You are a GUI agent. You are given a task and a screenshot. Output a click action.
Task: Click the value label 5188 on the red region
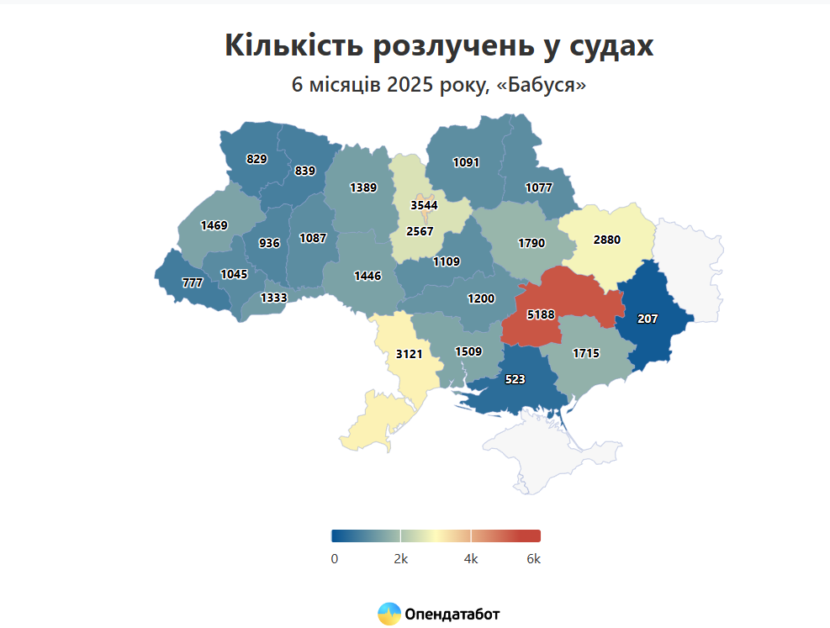(541, 314)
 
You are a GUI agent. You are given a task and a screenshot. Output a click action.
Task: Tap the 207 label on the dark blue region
(648, 319)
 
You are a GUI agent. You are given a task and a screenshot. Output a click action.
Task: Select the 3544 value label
(424, 205)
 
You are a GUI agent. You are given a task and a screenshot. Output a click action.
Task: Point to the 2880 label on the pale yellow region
(606, 240)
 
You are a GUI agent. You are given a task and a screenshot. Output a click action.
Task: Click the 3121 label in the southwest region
(409, 354)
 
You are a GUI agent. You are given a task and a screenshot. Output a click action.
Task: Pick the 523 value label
(515, 380)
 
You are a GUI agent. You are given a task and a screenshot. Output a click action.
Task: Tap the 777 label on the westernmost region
(193, 283)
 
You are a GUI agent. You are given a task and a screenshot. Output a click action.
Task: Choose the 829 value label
(256, 158)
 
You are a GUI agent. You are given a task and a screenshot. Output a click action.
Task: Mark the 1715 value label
(586, 353)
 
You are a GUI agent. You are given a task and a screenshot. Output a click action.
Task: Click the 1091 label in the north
(466, 162)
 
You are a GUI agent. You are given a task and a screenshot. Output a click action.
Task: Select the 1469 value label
(214, 225)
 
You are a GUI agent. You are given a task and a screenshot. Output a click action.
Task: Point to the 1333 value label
(273, 298)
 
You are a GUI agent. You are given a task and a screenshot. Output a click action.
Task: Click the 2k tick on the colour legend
(401, 559)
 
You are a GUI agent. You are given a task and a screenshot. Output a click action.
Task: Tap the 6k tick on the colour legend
(533, 559)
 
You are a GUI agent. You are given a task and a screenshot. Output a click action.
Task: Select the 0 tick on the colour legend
(335, 559)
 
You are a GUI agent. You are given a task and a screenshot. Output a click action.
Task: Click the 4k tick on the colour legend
(471, 559)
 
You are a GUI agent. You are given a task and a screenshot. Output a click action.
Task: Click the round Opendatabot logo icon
(389, 615)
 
